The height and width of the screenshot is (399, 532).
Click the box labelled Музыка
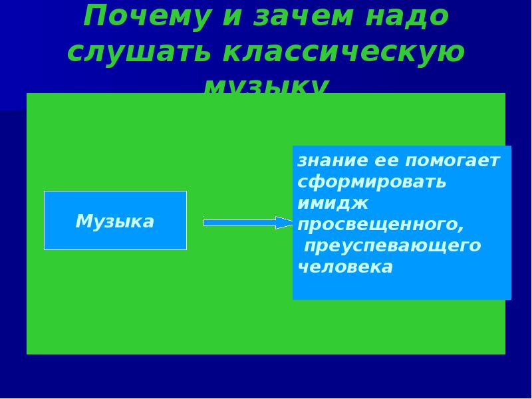click(x=115, y=221)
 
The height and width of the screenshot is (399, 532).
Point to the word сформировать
click(x=372, y=182)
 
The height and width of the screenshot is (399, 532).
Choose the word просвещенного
click(x=378, y=224)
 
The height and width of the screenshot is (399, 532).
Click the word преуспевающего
click(x=392, y=245)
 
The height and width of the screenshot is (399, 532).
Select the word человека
click(x=345, y=267)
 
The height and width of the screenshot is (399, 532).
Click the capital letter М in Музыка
click(x=83, y=221)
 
